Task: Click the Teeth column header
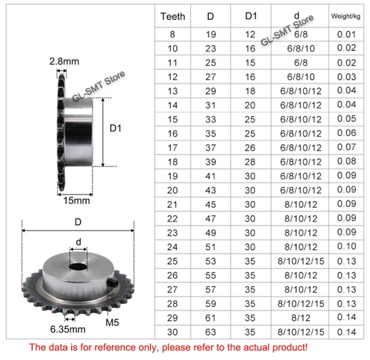[x=172, y=16]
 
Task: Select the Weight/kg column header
[x=346, y=16]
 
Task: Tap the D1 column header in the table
[x=251, y=16]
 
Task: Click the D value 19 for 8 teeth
[x=211, y=35]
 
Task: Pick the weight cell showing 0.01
[x=346, y=35]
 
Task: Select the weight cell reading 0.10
[x=346, y=246]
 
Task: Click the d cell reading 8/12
[x=300, y=318]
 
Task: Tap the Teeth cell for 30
[x=172, y=332]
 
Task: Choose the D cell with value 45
[x=211, y=205]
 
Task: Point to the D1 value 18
[x=250, y=91]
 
